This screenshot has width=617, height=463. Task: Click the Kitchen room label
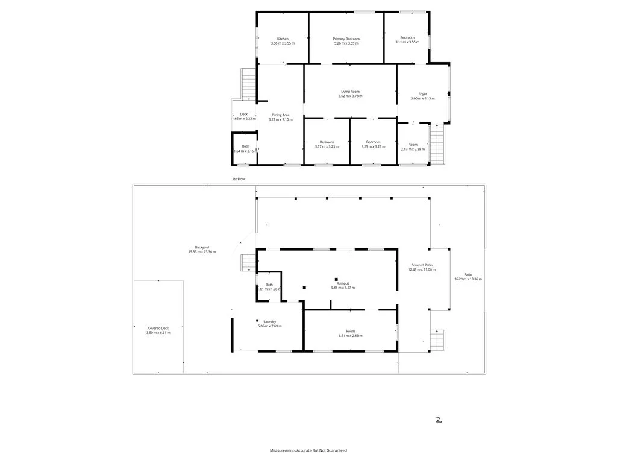coord(283,39)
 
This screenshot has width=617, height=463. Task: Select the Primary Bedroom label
coord(346,39)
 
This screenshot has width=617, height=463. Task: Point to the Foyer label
coord(422,94)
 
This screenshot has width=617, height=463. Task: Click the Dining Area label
coord(281,115)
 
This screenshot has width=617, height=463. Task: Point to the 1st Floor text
coord(240,179)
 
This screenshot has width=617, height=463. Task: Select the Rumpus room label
coord(343,283)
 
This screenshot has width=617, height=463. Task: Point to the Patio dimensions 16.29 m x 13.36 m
coord(468,279)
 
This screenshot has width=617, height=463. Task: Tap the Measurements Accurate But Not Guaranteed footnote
coord(308,450)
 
